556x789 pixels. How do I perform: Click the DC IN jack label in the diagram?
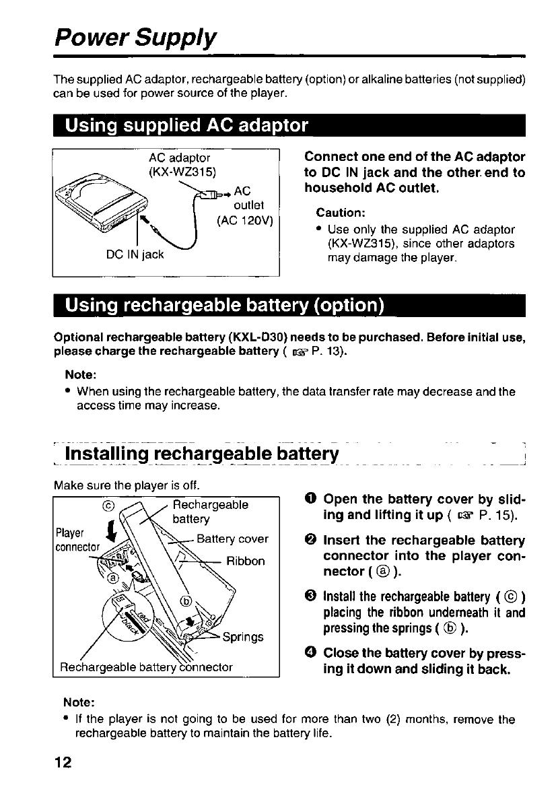pyautogui.click(x=135, y=254)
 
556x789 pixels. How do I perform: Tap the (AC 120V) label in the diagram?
pyautogui.click(x=244, y=220)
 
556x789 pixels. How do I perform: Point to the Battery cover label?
pyautogui.click(x=232, y=539)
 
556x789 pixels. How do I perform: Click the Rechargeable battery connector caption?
pyautogui.click(x=146, y=667)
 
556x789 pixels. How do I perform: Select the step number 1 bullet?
pyautogui.click(x=311, y=500)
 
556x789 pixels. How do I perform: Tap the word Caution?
pyautogui.click(x=341, y=213)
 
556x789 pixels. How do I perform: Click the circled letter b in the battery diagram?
pyautogui.click(x=186, y=601)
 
